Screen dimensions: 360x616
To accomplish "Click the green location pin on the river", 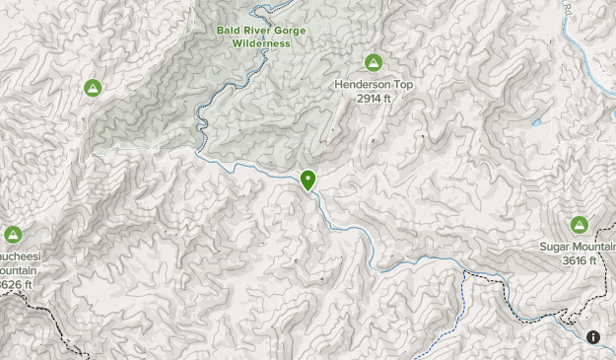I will (x=308, y=180).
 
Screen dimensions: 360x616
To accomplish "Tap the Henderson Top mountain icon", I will (x=374, y=63).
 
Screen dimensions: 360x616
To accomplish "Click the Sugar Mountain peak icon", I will (x=579, y=225).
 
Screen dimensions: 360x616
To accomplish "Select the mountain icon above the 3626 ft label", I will (x=13, y=235).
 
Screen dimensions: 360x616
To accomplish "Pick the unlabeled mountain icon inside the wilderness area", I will (x=92, y=88).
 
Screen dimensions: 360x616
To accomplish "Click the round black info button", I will (x=593, y=337).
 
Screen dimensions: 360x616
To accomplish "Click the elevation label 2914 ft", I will (x=374, y=98).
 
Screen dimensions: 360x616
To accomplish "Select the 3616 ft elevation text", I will (x=579, y=260).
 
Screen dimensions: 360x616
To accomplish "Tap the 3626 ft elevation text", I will (x=15, y=285).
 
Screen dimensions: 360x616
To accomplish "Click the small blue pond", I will (x=537, y=122).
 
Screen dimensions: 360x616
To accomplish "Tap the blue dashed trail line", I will (x=460, y=306).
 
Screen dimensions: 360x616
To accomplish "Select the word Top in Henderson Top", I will (x=402, y=85).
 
